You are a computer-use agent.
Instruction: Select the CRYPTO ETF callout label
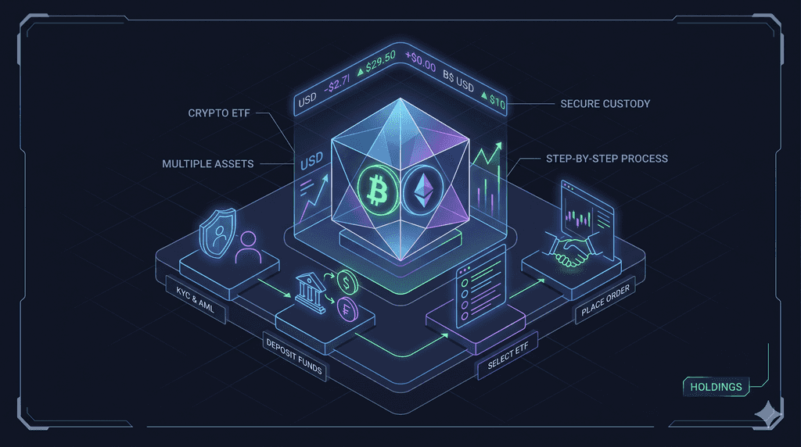219,113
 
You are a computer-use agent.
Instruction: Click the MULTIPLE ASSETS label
207,164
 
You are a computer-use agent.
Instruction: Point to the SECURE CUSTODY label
605,104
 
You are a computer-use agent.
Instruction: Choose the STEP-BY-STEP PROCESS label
607,159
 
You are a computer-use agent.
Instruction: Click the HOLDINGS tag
716,387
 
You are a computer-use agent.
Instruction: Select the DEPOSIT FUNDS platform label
294,356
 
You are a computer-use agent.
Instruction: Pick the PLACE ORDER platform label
605,300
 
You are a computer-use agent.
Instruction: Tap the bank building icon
311,293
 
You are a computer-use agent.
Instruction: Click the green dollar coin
347,282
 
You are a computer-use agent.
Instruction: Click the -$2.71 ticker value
338,83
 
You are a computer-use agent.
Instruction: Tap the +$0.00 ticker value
420,61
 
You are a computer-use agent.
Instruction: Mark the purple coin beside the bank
348,309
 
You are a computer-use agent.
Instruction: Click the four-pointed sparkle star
767,413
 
